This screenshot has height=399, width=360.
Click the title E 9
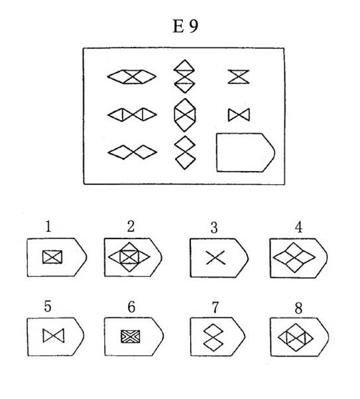(186, 27)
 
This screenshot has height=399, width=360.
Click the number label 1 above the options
(48, 226)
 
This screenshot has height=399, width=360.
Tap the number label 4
(298, 227)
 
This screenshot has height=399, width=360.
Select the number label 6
(131, 307)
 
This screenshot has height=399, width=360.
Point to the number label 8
(298, 308)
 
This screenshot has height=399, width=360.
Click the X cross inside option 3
(215, 257)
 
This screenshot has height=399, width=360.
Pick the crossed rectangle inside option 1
(52, 257)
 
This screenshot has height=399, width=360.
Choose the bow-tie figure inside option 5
(54, 335)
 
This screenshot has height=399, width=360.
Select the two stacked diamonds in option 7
(213, 336)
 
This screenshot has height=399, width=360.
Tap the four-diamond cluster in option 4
(294, 257)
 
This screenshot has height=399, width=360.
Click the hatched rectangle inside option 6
(131, 336)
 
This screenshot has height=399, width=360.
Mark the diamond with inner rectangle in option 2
(129, 257)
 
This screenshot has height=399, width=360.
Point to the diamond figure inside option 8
(296, 337)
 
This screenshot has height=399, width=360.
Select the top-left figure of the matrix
(132, 77)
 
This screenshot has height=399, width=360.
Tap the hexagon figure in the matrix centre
(185, 115)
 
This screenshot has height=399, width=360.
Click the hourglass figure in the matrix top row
(239, 77)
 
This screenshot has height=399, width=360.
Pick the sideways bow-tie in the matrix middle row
(239, 115)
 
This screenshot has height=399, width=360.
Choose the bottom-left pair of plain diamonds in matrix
(133, 152)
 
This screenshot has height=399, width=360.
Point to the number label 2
(131, 226)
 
